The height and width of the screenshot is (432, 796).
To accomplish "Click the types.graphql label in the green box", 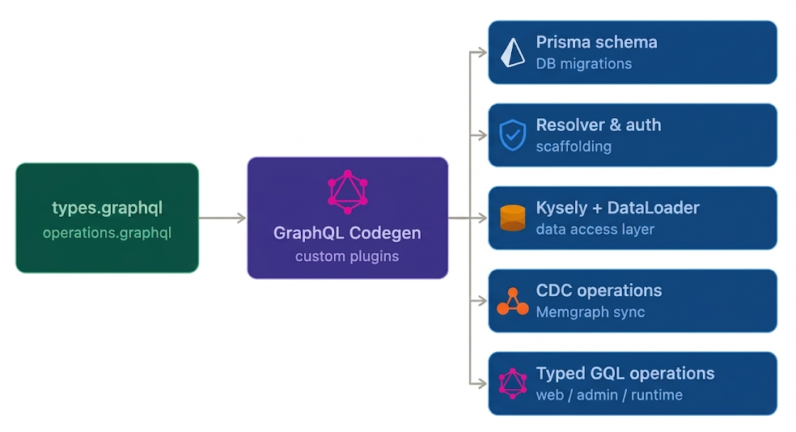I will pos(107,208).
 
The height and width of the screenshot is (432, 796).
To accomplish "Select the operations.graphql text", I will pos(107,233).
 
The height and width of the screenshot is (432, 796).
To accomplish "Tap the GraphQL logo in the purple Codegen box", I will pos(347,192).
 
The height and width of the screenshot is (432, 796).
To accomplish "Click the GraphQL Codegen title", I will pos(347,233).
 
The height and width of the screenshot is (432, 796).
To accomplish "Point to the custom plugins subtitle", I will pos(347,256).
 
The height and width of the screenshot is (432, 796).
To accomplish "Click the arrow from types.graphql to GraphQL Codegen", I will pos(222,218).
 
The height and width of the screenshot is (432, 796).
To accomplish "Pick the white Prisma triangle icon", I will pos(512,53).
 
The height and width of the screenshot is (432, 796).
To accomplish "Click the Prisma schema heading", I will pos(596,42).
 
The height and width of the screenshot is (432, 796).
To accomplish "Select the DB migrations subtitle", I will pos(583,64).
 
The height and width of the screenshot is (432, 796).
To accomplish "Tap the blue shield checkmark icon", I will pos(512,135).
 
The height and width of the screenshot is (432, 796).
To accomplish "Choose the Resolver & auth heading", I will pos(598,125).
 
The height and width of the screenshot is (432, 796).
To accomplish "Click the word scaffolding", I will pos(574,146).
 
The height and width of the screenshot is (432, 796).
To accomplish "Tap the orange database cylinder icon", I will pos(512,218).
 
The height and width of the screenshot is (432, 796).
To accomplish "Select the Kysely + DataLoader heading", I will pos(617,208).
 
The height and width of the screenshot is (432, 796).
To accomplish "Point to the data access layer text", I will pos(595,229).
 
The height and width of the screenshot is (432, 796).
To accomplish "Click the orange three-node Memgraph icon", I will pos(512,301).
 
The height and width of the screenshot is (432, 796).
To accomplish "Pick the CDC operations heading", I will pos(599,290).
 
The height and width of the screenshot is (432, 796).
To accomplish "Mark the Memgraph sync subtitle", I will pos(591,312).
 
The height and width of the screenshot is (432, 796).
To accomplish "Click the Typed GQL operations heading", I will pos(625,374).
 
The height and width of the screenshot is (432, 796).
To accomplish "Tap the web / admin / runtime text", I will pos(609,395).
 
